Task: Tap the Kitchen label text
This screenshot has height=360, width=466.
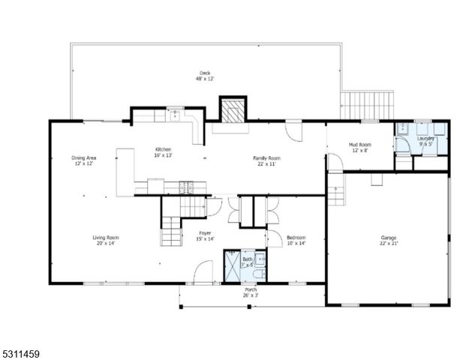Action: tap(164, 151)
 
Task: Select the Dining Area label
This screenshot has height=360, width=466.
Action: tap(83, 160)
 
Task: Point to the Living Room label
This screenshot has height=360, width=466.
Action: tap(106, 241)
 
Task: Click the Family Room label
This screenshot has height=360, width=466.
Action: tap(266, 160)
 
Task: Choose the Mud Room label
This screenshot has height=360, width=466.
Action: tap(360, 147)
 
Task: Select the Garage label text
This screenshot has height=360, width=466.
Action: tap(388, 241)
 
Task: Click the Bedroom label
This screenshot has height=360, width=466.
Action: tap(296, 241)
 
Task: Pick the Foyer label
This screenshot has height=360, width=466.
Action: tap(204, 236)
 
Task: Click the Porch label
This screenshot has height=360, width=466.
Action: tap(251, 292)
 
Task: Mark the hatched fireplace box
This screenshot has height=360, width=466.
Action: tap(232, 109)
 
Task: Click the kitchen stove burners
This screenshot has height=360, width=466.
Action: tap(185, 184)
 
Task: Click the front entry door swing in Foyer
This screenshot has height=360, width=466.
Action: tap(203, 273)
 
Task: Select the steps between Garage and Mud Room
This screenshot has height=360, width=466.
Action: tap(335, 196)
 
